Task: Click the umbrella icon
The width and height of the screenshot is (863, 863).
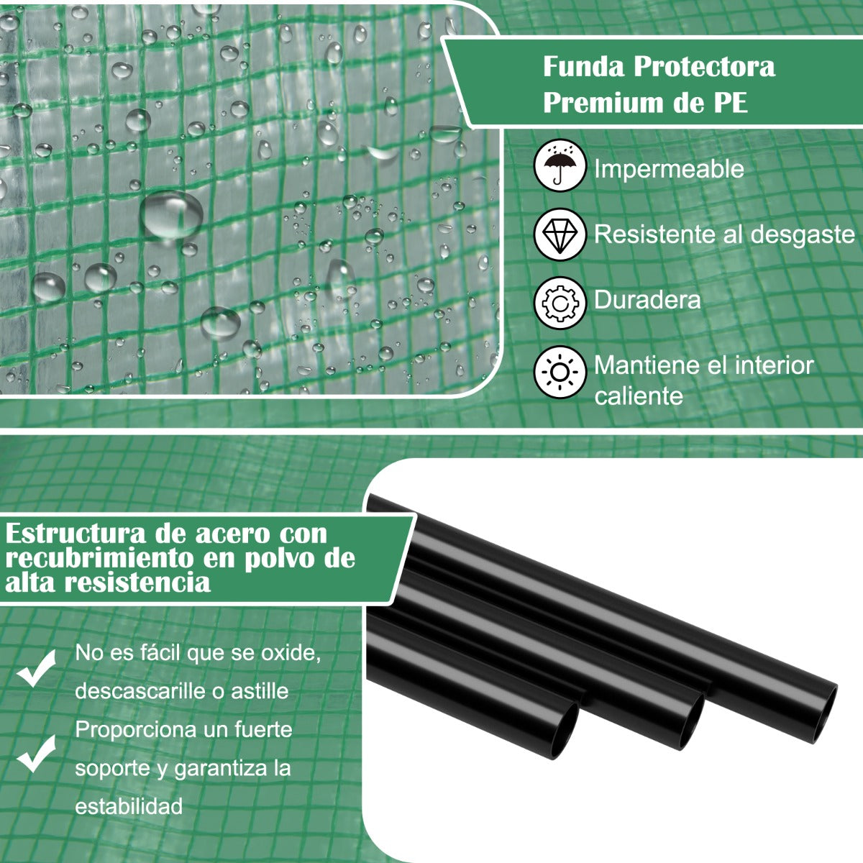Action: point(560,165)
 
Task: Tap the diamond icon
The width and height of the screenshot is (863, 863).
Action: point(560,234)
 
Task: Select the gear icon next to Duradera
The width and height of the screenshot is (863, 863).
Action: point(560,303)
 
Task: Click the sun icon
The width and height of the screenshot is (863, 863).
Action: point(560,372)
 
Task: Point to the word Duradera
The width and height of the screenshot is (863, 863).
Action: point(647,300)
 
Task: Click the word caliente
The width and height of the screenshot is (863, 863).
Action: point(639,396)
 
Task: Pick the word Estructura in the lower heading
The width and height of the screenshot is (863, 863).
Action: point(76,534)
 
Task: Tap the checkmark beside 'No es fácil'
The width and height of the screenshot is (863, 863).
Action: point(36,669)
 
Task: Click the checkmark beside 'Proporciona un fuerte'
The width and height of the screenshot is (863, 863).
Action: point(36,754)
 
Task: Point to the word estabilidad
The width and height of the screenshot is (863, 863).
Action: point(129,806)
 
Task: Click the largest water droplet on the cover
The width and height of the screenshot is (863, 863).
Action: point(172,214)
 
